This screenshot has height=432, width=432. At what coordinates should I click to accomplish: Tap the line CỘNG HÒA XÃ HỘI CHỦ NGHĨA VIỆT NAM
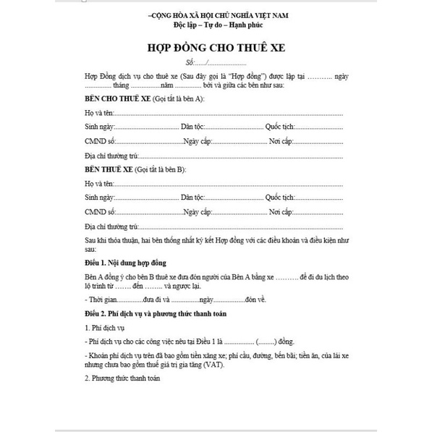coord(216,14)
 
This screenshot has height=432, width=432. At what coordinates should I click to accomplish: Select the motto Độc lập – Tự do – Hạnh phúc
coord(216,25)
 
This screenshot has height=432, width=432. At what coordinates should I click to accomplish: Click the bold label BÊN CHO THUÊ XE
coord(114,98)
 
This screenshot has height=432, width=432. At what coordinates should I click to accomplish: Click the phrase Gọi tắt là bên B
coord(160,169)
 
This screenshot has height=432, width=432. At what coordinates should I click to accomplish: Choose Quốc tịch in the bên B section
coord(280,197)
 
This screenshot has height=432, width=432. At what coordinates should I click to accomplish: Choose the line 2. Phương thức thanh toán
coord(122,378)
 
